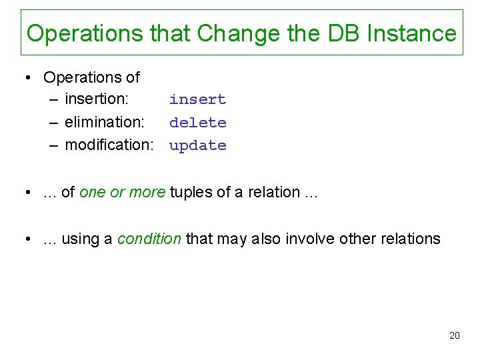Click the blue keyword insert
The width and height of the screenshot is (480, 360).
(197, 99)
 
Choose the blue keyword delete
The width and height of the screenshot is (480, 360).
(197, 123)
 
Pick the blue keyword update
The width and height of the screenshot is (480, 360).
(197, 145)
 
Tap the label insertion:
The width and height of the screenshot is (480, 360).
(97, 99)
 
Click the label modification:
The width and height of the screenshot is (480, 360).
(109, 145)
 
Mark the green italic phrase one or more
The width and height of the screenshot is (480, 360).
(122, 192)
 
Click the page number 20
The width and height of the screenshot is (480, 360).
(454, 335)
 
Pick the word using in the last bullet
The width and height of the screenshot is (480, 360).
(79, 239)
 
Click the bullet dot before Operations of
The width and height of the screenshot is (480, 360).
(29, 78)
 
